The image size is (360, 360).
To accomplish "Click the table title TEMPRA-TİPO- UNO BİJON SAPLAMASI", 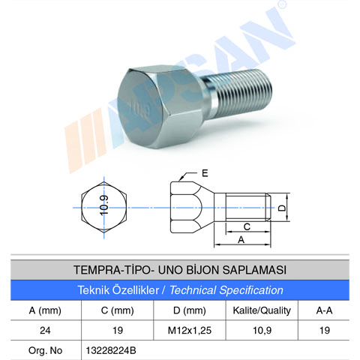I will tap(180, 268).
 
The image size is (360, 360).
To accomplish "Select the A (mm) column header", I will tap(45, 309).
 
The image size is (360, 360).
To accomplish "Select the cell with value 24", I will tap(45, 329).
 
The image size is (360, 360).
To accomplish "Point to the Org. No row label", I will tap(45, 349).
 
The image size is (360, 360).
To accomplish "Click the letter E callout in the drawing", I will tap(205, 173).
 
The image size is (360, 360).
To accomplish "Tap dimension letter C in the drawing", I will tap(246, 225).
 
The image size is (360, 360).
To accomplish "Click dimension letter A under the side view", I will tap(241, 241).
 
